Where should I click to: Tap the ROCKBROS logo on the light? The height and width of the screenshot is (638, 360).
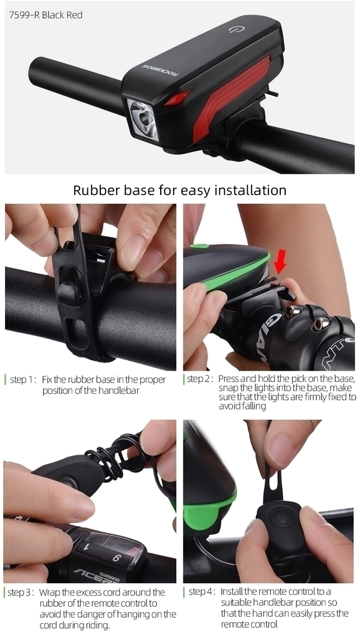point(160,70)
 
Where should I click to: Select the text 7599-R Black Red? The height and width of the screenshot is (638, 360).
point(46,15)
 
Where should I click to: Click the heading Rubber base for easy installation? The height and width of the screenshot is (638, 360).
point(180,190)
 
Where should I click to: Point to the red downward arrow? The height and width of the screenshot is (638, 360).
point(280,260)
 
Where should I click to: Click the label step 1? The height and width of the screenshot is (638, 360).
point(24,379)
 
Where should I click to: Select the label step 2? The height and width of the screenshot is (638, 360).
point(200,379)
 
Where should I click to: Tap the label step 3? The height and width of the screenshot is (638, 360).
point(21,593)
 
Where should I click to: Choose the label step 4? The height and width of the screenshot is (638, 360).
point(202,592)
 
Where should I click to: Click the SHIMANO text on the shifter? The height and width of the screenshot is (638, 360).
point(110,578)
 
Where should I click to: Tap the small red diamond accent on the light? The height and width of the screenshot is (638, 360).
point(178,97)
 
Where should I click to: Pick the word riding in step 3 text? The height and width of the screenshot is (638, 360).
point(97,626)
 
